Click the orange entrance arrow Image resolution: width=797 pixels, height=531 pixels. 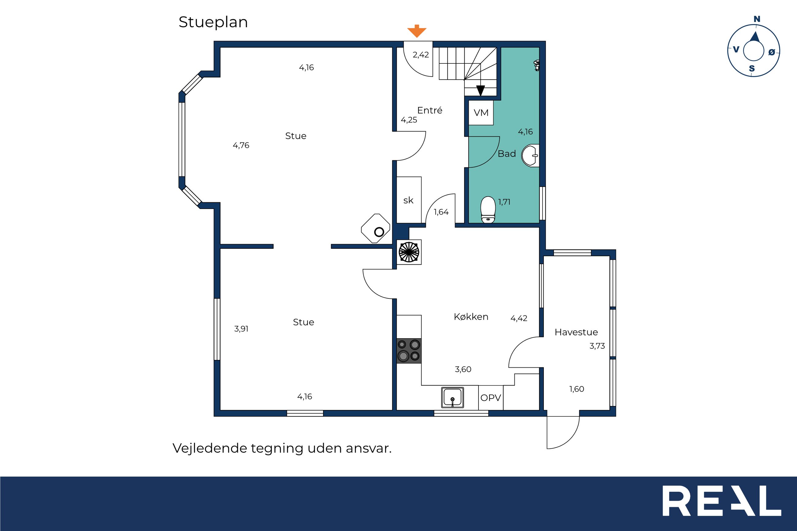[x=417, y=31]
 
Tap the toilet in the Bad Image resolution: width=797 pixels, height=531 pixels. [x=488, y=210]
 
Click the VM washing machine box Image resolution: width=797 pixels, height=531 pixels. [x=481, y=113]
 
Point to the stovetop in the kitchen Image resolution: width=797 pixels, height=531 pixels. [x=409, y=351]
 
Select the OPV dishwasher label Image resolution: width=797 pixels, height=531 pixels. [x=490, y=398]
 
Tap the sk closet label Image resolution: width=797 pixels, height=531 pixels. [x=408, y=200]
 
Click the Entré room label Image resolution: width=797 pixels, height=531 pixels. [x=429, y=110]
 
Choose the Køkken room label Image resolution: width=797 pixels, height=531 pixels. [x=471, y=317]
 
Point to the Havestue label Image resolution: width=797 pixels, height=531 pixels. [x=576, y=332]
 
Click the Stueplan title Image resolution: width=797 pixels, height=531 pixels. [x=213, y=22]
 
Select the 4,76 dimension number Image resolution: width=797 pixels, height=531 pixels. [x=241, y=145]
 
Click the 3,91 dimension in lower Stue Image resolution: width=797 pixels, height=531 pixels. [x=241, y=328]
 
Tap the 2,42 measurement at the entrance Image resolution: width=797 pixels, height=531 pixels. [x=421, y=55]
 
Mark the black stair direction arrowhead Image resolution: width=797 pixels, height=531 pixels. [x=480, y=90]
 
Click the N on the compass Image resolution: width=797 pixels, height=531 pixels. [x=757, y=19]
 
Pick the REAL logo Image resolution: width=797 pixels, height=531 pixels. [x=722, y=501]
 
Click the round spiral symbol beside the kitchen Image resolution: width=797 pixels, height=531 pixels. [x=409, y=252]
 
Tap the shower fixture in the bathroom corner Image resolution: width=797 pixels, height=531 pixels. [x=536, y=65]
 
